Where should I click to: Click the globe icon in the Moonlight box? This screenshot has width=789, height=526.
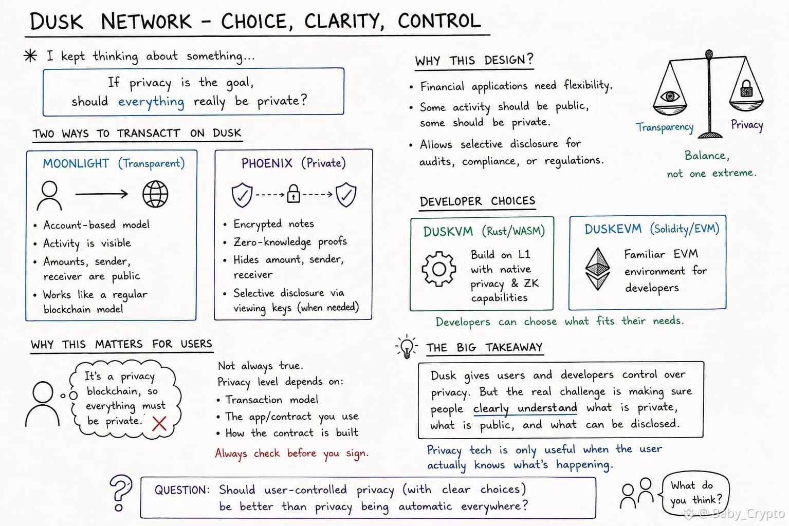(155, 194)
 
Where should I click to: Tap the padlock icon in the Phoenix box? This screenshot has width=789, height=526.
(293, 194)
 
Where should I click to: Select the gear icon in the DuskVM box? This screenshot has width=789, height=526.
(439, 269)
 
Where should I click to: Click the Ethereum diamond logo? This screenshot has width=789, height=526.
(597, 269)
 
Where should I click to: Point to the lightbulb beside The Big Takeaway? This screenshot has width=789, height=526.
(407, 346)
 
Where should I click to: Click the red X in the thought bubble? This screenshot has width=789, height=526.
(159, 424)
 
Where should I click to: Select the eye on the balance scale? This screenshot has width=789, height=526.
(670, 96)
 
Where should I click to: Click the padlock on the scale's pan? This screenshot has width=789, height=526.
(746, 88)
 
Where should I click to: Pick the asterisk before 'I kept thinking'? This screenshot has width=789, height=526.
(30, 55)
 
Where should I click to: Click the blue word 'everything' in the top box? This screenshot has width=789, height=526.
(151, 102)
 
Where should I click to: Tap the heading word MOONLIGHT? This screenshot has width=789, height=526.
(76, 163)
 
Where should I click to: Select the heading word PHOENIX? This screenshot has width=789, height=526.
(267, 163)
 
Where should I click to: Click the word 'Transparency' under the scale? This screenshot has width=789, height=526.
(665, 127)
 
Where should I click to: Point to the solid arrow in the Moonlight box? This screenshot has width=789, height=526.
(101, 194)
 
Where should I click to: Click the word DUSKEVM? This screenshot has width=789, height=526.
(613, 229)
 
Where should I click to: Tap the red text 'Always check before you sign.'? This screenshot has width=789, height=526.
(291, 453)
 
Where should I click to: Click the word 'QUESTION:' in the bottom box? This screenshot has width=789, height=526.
(182, 490)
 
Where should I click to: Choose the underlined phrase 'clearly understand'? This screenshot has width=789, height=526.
(525, 408)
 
